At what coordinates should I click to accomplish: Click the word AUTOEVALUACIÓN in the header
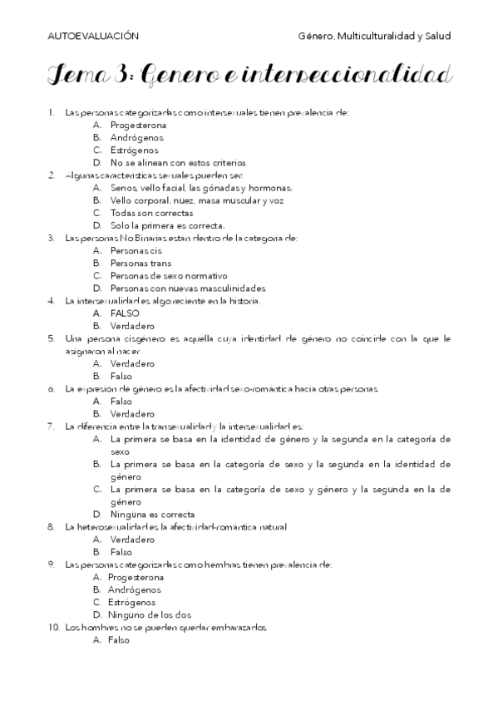coord(92,36)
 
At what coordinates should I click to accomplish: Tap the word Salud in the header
coord(437,36)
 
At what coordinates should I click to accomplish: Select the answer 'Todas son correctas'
coord(145,213)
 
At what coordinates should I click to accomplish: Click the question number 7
coord(52,426)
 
